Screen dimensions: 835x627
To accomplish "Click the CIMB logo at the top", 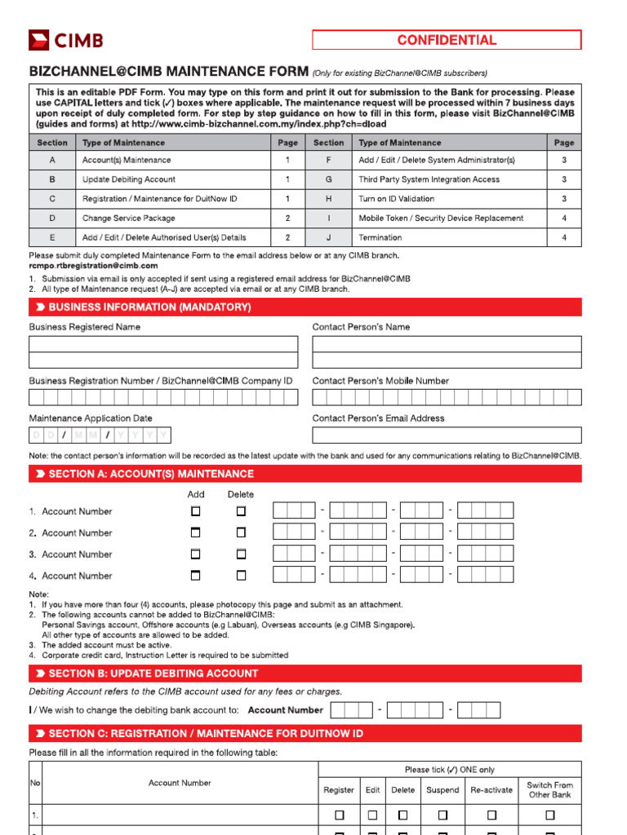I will [66, 40].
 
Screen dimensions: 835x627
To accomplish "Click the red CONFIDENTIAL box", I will [447, 40].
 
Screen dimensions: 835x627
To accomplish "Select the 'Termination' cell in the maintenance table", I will [380, 237].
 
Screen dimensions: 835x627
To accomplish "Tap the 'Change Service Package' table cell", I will [129, 219].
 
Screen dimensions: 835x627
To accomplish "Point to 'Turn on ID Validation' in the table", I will [396, 199].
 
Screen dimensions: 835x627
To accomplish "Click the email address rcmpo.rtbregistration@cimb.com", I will [94, 266].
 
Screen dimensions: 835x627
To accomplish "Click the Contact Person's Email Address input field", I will [447, 435].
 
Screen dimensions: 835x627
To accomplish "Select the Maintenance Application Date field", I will [100, 435].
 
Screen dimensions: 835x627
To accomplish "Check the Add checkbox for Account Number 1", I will [195, 511].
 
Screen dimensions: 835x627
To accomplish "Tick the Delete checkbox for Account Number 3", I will [241, 554].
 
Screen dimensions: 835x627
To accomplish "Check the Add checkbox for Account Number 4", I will [195, 576].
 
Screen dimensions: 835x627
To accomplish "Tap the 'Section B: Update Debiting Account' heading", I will [153, 674].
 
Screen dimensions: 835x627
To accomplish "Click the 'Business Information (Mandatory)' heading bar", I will [149, 307].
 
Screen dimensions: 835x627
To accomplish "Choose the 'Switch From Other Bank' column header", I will [549, 789].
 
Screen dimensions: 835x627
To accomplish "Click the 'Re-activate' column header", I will [491, 789].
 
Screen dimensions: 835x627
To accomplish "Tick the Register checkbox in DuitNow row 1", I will [339, 815].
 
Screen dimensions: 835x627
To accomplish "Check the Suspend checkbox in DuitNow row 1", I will [442, 815].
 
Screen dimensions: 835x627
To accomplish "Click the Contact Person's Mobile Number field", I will [447, 397].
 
